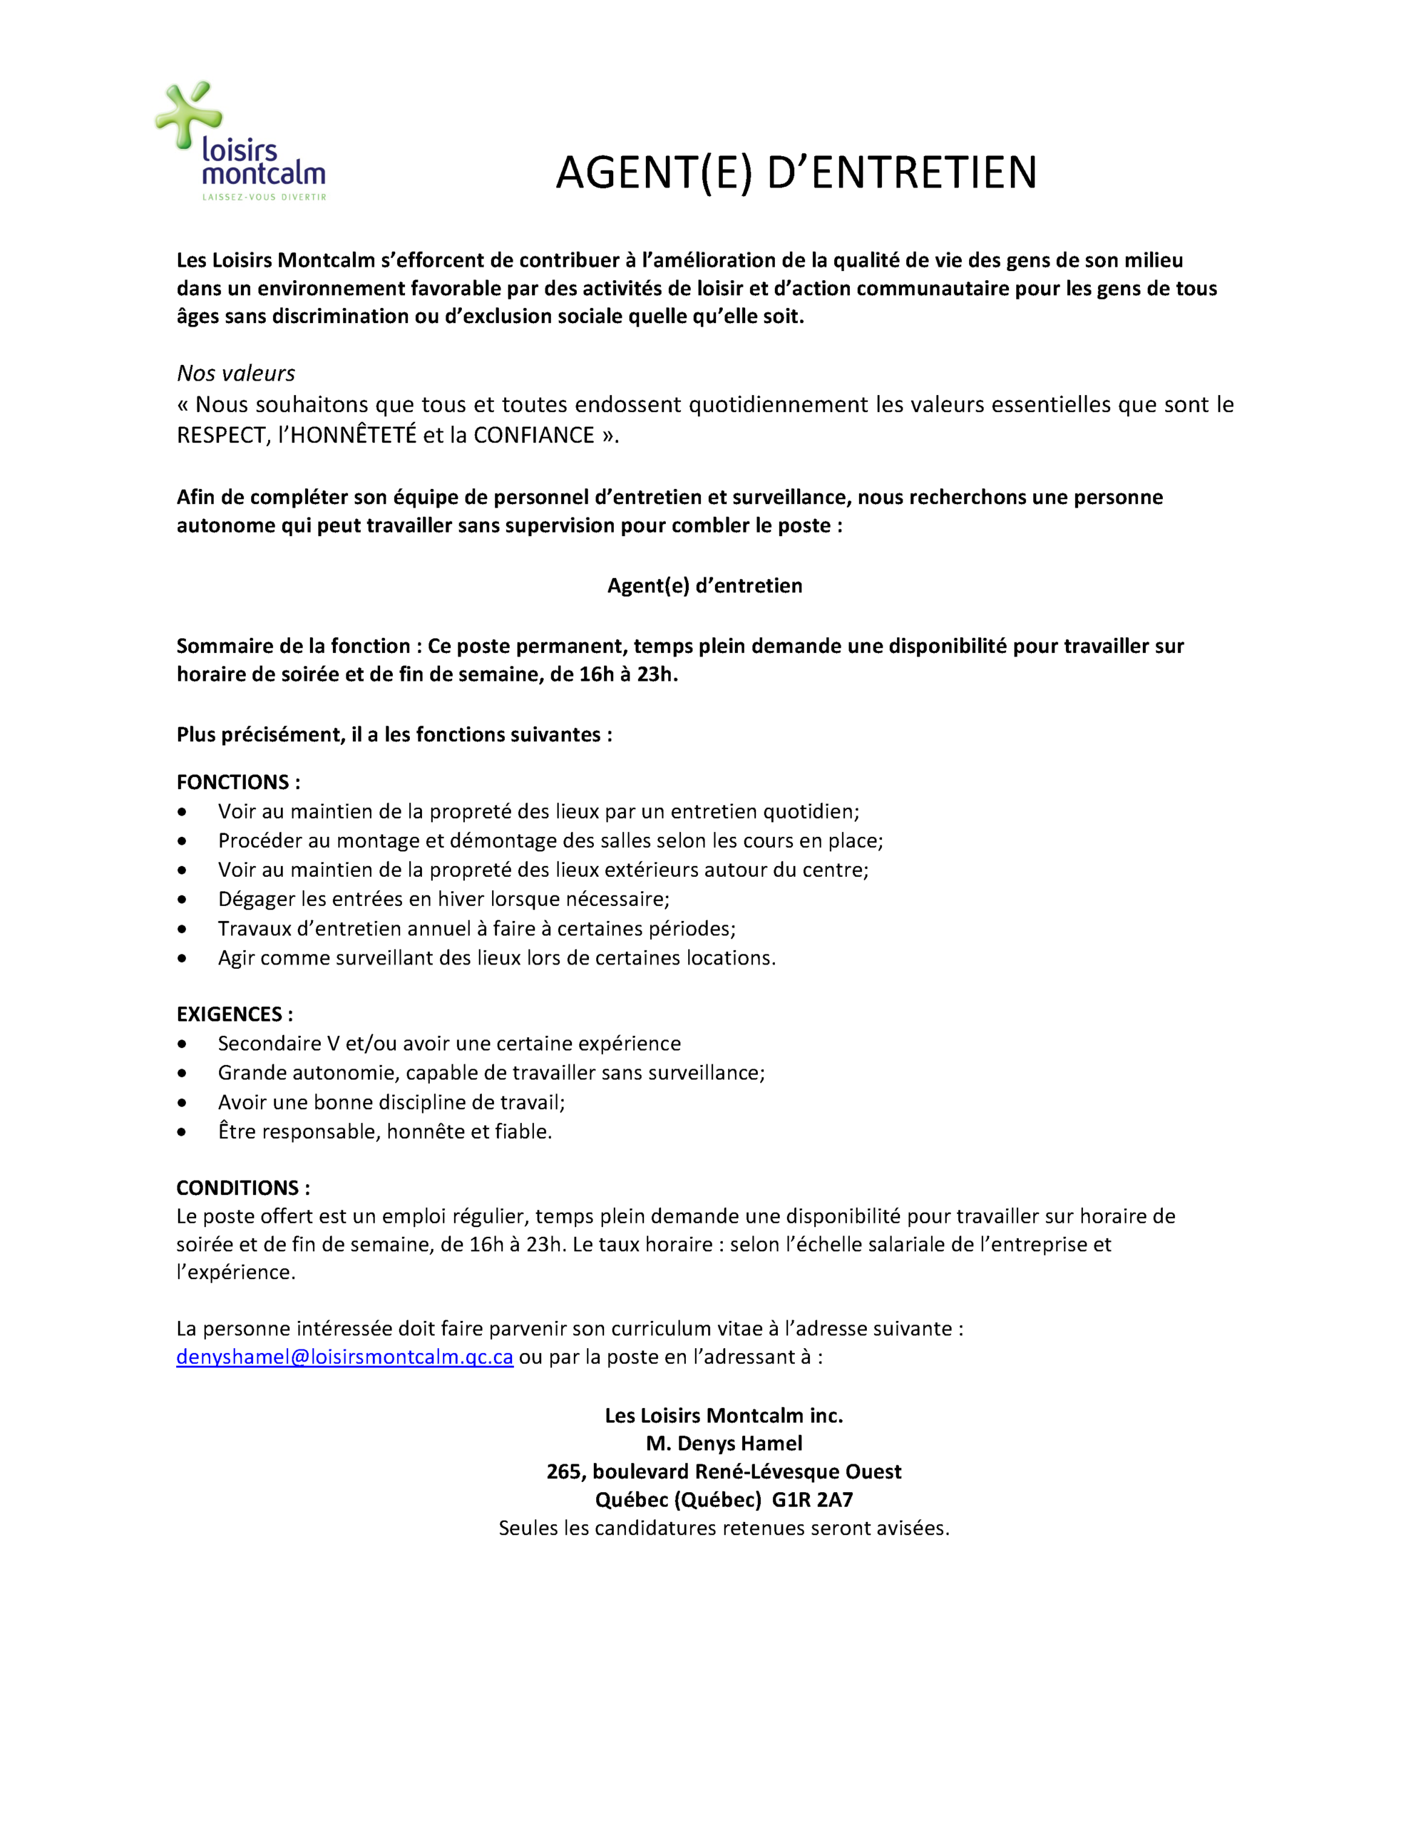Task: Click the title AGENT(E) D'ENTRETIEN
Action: [796, 173]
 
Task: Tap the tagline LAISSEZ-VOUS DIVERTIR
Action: [264, 198]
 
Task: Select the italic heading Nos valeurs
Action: [236, 373]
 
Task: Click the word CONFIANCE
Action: [534, 436]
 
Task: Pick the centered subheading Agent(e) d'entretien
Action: [704, 586]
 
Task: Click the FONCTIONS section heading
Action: [238, 782]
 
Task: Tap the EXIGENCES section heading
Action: [235, 1014]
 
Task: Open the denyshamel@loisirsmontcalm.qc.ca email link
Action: [344, 1357]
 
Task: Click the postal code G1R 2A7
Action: [813, 1500]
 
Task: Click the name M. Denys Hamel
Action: [724, 1443]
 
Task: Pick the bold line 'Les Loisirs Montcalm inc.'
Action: [724, 1416]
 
